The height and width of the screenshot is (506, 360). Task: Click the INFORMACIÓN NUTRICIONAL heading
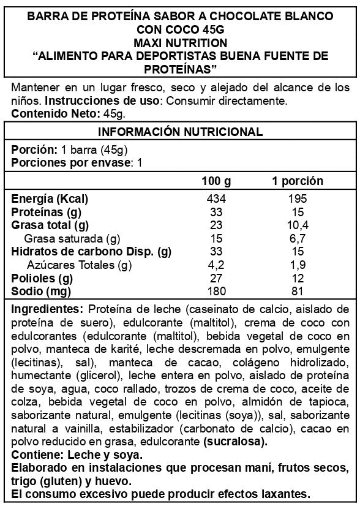pyautogui.click(x=180, y=132)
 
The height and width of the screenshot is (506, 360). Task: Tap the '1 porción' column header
pyautogui.click(x=298, y=182)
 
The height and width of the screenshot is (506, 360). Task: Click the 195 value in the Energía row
pyautogui.click(x=298, y=199)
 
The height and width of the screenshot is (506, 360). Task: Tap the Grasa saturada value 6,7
pyautogui.click(x=298, y=238)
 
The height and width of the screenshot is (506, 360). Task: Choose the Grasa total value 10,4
pyautogui.click(x=298, y=225)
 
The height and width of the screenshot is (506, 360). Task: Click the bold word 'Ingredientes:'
pyautogui.click(x=47, y=308)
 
